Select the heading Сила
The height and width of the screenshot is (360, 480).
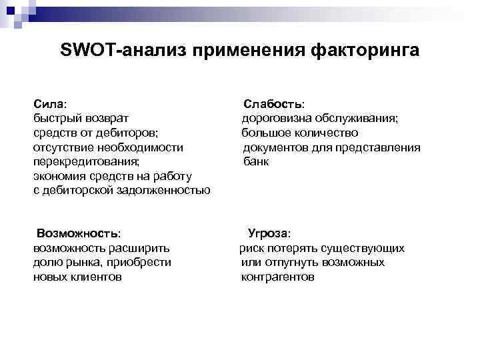pyautogui.click(x=49, y=105)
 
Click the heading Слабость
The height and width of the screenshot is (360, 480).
pyautogui.click(x=273, y=105)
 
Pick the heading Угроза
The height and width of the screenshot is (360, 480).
pyautogui.click(x=269, y=234)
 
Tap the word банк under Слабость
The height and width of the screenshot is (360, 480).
pyautogui.click(x=256, y=161)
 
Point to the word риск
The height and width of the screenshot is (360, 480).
pyautogui.click(x=252, y=248)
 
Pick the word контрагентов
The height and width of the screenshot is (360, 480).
pyautogui.click(x=277, y=277)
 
